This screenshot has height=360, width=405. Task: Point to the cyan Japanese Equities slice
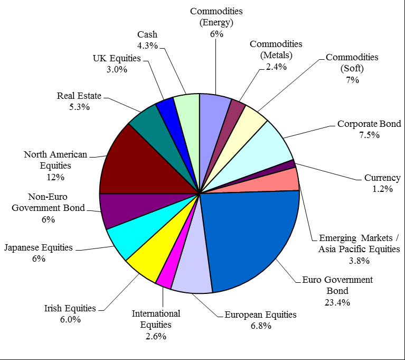coord(129,235)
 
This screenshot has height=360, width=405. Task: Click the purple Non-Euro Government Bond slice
coord(119,209)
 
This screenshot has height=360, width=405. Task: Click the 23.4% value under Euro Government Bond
coord(338,302)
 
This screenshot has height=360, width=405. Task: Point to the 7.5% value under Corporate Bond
coord(369,135)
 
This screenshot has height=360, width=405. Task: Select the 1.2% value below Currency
coord(382,189)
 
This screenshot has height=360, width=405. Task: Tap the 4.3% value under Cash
coord(147,45)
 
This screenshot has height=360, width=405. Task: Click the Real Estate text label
coord(79,96)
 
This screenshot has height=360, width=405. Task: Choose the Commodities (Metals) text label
coord(276,49)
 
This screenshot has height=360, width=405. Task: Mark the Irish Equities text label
coord(70,308)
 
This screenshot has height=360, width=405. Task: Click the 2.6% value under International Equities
coord(156,336)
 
